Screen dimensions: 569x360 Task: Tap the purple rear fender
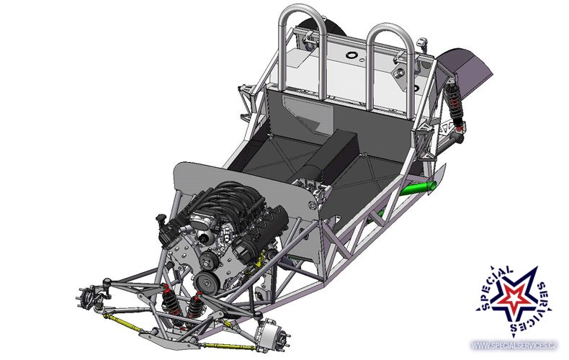[x=468, y=71]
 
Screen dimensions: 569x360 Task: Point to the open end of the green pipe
[x=432, y=186]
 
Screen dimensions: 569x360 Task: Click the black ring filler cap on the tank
[x=351, y=55]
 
